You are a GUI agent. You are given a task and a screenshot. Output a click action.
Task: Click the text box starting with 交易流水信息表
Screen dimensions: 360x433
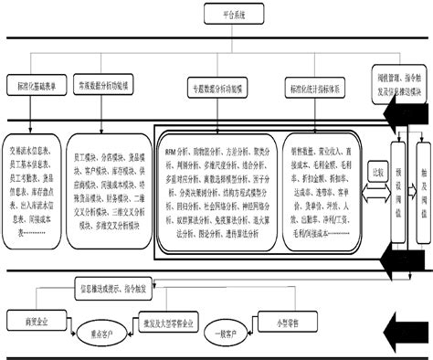point(37,180)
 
